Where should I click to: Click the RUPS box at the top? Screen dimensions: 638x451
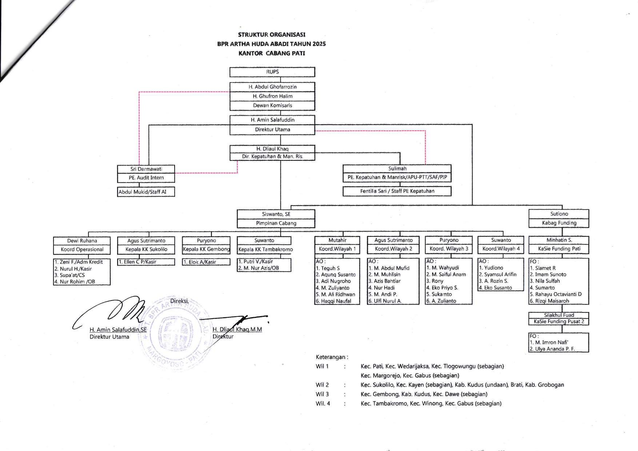click(x=272, y=72)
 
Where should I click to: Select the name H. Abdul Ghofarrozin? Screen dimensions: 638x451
click(x=272, y=87)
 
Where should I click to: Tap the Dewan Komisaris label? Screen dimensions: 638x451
click(x=272, y=105)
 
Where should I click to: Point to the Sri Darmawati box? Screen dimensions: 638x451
click(x=146, y=169)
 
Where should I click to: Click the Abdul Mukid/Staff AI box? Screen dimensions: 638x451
click(x=146, y=192)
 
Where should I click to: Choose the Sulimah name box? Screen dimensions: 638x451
click(x=397, y=169)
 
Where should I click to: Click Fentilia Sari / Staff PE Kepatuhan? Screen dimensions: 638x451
click(x=397, y=191)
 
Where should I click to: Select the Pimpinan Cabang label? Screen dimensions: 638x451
click(x=276, y=223)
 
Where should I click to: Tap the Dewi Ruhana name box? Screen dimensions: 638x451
click(x=82, y=241)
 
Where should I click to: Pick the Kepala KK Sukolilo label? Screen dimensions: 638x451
click(x=146, y=250)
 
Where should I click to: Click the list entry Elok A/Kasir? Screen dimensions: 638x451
click(x=200, y=262)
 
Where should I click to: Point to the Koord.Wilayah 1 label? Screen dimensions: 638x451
click(x=337, y=249)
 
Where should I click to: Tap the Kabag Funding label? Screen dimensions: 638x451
click(x=559, y=223)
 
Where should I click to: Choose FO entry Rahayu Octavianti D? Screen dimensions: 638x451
click(x=555, y=294)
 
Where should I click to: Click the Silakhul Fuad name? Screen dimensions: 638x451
click(x=559, y=315)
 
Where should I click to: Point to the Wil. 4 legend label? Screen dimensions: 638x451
click(x=323, y=403)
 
